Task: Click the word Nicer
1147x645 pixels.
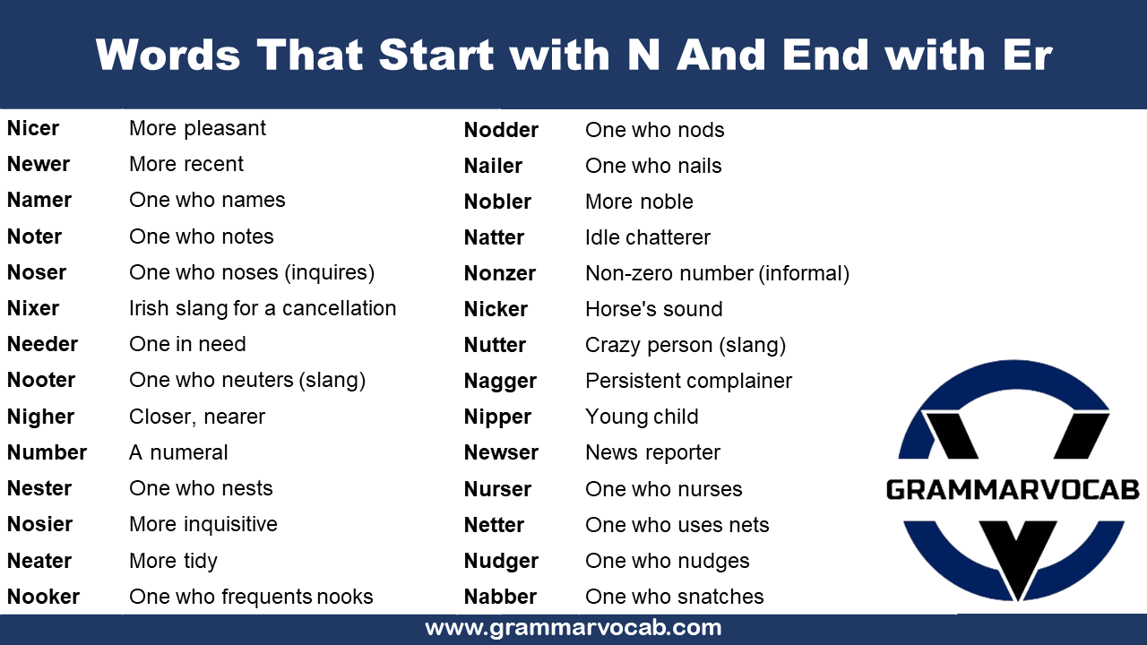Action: click(x=33, y=128)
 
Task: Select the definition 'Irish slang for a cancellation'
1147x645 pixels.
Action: click(x=263, y=308)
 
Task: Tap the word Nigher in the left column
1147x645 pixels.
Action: click(x=40, y=417)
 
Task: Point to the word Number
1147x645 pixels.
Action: click(x=47, y=452)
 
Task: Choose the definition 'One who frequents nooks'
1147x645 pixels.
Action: click(x=251, y=597)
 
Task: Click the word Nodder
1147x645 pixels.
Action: click(x=501, y=130)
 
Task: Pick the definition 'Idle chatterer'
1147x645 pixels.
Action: click(x=648, y=237)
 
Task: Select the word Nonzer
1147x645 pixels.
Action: click(x=500, y=273)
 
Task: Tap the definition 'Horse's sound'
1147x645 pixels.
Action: click(x=654, y=309)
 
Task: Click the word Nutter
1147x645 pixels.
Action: click(x=495, y=345)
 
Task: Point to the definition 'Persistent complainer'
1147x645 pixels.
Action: click(x=688, y=381)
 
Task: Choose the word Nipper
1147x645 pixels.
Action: click(x=497, y=417)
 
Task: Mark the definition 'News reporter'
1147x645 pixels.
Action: click(x=652, y=452)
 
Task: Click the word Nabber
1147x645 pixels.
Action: click(x=500, y=597)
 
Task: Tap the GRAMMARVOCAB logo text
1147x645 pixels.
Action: click(x=1013, y=489)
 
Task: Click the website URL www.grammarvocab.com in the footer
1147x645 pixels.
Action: click(x=573, y=627)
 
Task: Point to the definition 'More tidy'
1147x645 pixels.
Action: click(x=173, y=561)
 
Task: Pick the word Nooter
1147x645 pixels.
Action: click(x=41, y=380)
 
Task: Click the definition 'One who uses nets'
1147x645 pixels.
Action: click(x=677, y=525)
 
